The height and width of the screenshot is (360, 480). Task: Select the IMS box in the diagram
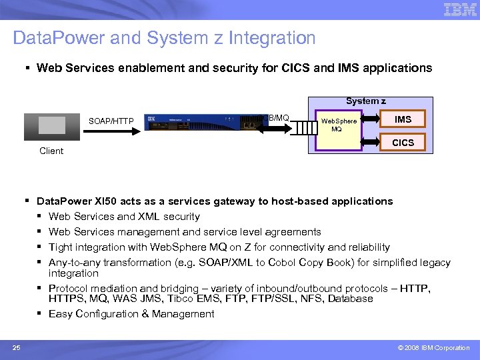403,120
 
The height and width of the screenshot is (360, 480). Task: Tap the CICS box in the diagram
403,143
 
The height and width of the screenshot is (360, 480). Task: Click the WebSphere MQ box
339,125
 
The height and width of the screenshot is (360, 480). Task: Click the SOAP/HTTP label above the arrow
111,121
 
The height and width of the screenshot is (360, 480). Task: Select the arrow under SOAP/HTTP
111,130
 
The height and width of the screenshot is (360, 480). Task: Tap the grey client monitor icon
51,125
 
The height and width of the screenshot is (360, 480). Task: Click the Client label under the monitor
51,151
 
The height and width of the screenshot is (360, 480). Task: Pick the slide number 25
16,347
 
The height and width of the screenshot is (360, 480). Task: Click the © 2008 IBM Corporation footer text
433,348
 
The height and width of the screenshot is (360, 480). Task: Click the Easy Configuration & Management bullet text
131,314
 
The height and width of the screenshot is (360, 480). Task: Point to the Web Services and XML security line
124,216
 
